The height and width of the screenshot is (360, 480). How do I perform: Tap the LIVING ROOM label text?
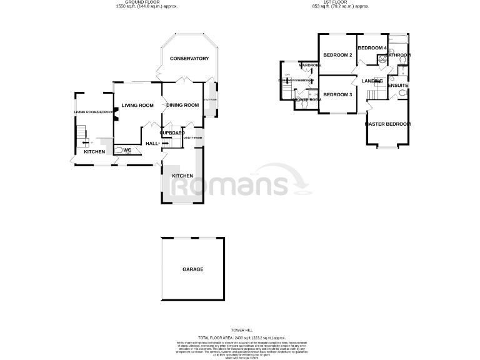pyautogui.click(x=137, y=105)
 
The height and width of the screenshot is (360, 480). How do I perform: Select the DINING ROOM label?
pyautogui.click(x=182, y=105)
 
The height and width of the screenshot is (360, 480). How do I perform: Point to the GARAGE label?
pyautogui.click(x=192, y=269)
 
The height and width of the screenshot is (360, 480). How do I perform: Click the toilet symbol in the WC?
pyautogui.click(x=119, y=150)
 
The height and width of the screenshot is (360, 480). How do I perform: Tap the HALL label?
pyautogui.click(x=152, y=144)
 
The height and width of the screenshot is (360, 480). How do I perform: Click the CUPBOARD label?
pyautogui.click(x=171, y=133)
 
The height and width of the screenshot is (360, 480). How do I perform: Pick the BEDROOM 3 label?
pyautogui.click(x=338, y=94)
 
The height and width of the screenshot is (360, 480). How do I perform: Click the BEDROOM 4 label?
pyautogui.click(x=373, y=48)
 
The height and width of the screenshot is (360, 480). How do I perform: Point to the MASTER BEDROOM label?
pyautogui.click(x=388, y=124)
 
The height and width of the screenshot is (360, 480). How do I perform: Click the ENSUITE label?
pyautogui.click(x=398, y=85)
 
